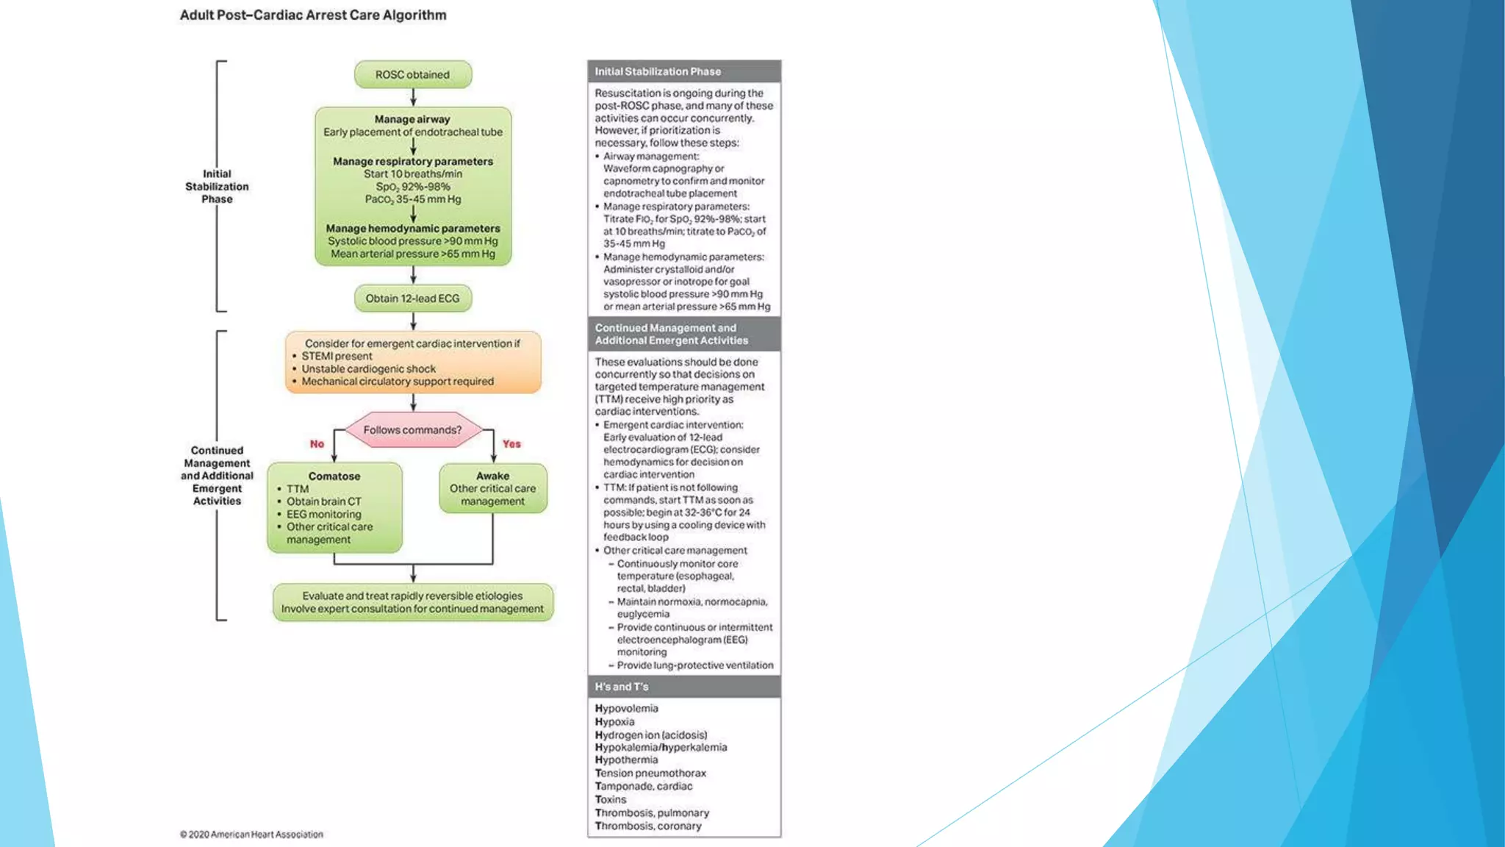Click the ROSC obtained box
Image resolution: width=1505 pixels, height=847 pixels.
click(x=412, y=74)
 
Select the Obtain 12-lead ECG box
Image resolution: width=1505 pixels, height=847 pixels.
click(x=412, y=299)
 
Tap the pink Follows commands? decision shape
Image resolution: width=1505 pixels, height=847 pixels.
click(x=412, y=430)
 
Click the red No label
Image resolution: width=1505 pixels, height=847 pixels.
click(x=317, y=444)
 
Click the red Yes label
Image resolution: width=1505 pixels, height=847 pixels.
click(x=511, y=444)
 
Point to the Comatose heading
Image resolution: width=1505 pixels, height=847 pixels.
click(x=334, y=476)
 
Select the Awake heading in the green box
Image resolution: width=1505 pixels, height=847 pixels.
click(x=492, y=476)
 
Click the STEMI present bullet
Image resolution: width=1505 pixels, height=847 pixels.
click(x=337, y=357)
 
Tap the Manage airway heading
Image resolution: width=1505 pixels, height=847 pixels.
click(x=412, y=119)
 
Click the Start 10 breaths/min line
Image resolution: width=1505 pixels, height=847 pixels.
click(x=412, y=174)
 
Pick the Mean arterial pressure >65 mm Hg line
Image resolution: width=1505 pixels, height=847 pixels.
click(x=412, y=254)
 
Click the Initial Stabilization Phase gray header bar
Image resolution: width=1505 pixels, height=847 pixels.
click(x=683, y=71)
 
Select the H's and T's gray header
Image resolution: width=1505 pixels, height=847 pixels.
click(x=683, y=687)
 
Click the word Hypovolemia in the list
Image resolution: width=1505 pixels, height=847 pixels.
click(x=626, y=709)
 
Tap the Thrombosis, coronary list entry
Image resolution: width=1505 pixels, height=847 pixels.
click(x=648, y=826)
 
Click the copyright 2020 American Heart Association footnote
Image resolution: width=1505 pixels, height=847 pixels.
click(x=251, y=835)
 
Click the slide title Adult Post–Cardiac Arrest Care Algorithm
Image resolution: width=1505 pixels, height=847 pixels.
click(x=313, y=15)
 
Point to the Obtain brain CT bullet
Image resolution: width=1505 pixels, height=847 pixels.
click(x=323, y=501)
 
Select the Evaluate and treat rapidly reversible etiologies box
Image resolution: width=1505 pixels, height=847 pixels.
click(x=412, y=602)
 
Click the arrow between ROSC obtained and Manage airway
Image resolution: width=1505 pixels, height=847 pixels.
click(x=413, y=98)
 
